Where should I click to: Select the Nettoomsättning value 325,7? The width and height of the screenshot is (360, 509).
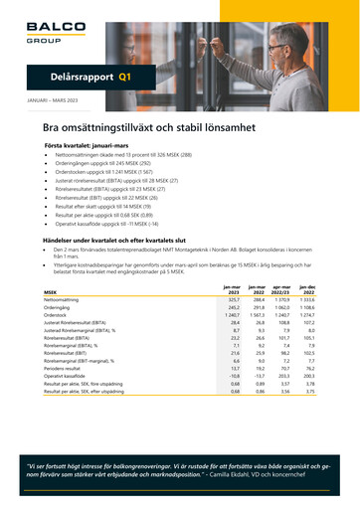(x=235, y=271)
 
